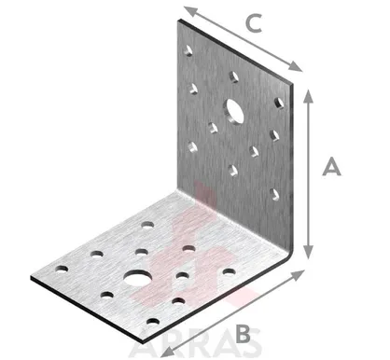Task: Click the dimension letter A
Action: click(331, 167)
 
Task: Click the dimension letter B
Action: click(243, 334)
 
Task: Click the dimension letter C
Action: click(254, 23)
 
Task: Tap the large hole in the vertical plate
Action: click(233, 111)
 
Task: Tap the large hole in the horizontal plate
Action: click(138, 277)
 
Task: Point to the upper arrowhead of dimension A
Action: click(308, 95)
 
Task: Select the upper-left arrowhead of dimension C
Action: click(190, 11)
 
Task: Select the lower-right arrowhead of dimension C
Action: click(295, 66)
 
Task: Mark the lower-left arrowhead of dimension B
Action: click(167, 352)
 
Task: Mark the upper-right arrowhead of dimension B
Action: click(298, 275)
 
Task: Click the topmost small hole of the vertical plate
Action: click(188, 50)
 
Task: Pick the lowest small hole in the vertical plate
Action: click(274, 195)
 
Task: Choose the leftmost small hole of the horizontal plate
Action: click(62, 270)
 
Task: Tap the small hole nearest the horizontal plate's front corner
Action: click(152, 322)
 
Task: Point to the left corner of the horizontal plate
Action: click(31, 277)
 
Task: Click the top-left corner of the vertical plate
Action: click(178, 20)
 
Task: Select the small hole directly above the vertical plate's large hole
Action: click(234, 76)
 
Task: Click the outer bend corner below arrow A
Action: click(292, 253)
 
